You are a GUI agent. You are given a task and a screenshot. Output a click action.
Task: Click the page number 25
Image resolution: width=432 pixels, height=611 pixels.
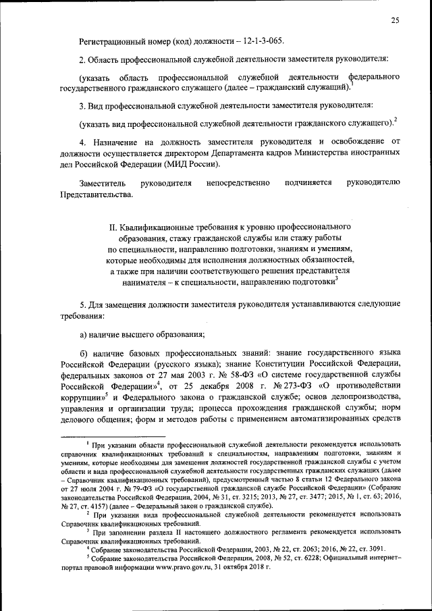[x=395, y=21]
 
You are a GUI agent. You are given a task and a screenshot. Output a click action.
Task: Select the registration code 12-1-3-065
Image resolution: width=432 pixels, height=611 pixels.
[x=261, y=40]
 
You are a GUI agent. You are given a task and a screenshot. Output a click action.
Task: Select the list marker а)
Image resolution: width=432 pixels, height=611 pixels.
[x=84, y=334]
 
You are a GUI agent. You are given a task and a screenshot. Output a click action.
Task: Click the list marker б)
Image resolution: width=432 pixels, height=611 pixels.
[x=84, y=353]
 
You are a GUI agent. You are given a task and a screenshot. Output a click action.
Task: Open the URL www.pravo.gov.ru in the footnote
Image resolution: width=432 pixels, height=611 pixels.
[x=206, y=567]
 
